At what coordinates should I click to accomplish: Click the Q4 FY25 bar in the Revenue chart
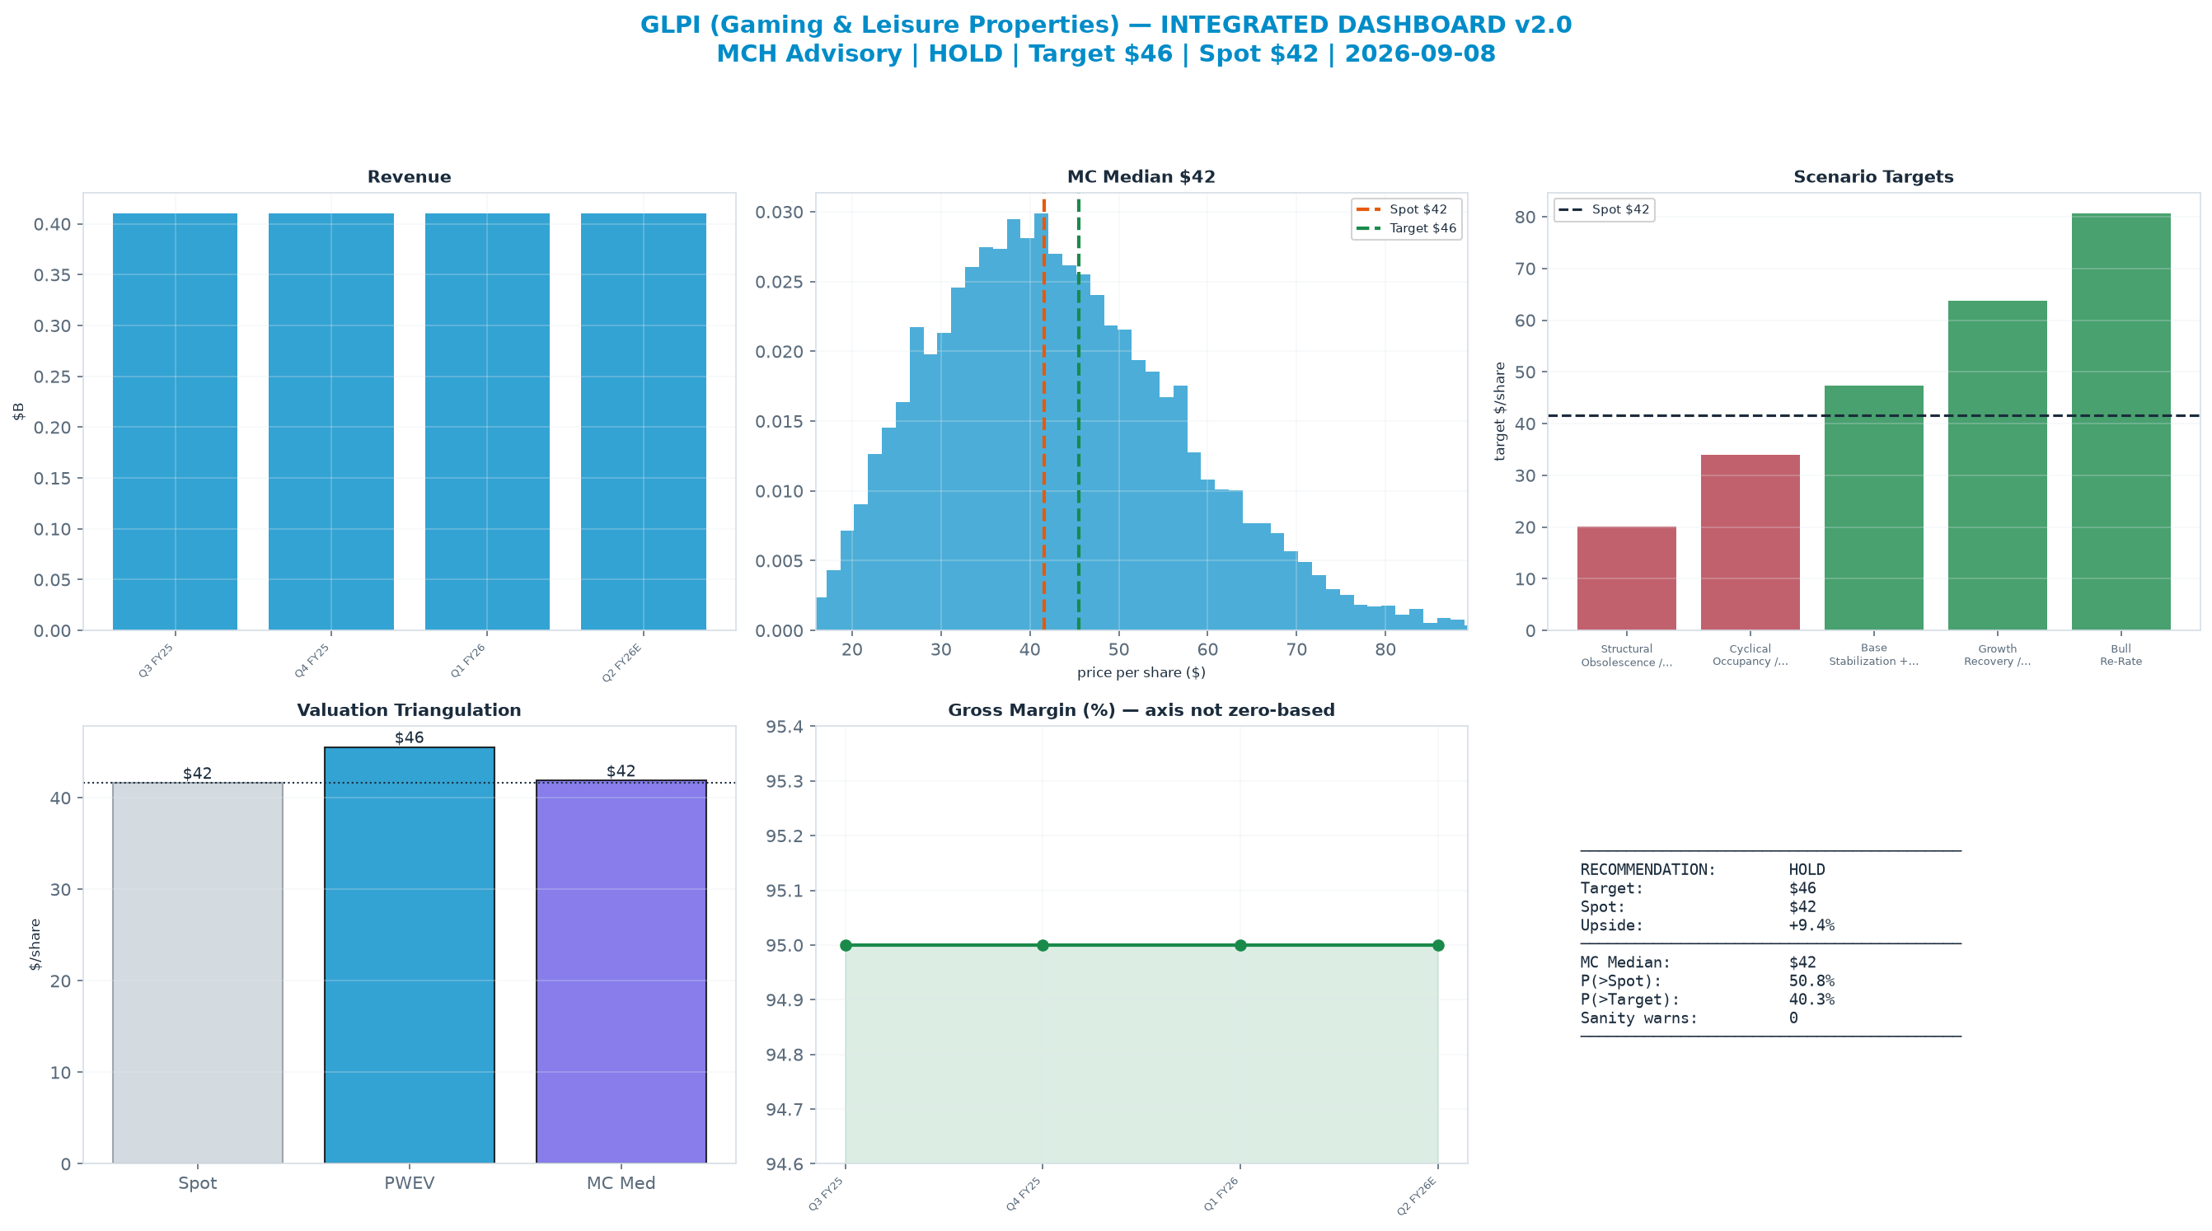coord(330,422)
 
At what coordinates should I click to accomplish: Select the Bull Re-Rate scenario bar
coord(2121,422)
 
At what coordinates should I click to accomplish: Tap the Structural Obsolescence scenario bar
coord(1626,578)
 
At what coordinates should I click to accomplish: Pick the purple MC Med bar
coord(621,971)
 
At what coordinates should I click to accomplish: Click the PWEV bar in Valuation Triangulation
coord(410,956)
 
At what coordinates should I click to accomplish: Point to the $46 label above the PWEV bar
coord(410,737)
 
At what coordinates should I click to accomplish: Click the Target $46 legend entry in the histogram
coord(1406,228)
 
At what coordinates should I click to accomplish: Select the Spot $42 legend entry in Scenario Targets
coord(1604,209)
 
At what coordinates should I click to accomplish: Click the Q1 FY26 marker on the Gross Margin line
coord(1240,945)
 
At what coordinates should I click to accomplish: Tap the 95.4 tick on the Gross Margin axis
coord(785,727)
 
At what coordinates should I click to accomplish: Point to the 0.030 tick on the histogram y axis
coord(779,212)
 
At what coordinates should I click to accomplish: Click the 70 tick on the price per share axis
coord(1296,650)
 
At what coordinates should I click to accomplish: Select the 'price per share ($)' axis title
coord(1141,672)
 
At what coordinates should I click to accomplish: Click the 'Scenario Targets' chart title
coord(1873,177)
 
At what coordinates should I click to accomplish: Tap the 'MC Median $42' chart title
coord(1141,177)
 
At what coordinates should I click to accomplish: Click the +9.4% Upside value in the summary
coord(1811,925)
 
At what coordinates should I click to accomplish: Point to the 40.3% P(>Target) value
coord(1811,999)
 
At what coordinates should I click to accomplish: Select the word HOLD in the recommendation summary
coord(1807,869)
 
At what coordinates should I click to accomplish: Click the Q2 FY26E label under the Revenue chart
coord(621,662)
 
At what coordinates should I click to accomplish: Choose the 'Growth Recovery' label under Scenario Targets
coord(1998,655)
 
